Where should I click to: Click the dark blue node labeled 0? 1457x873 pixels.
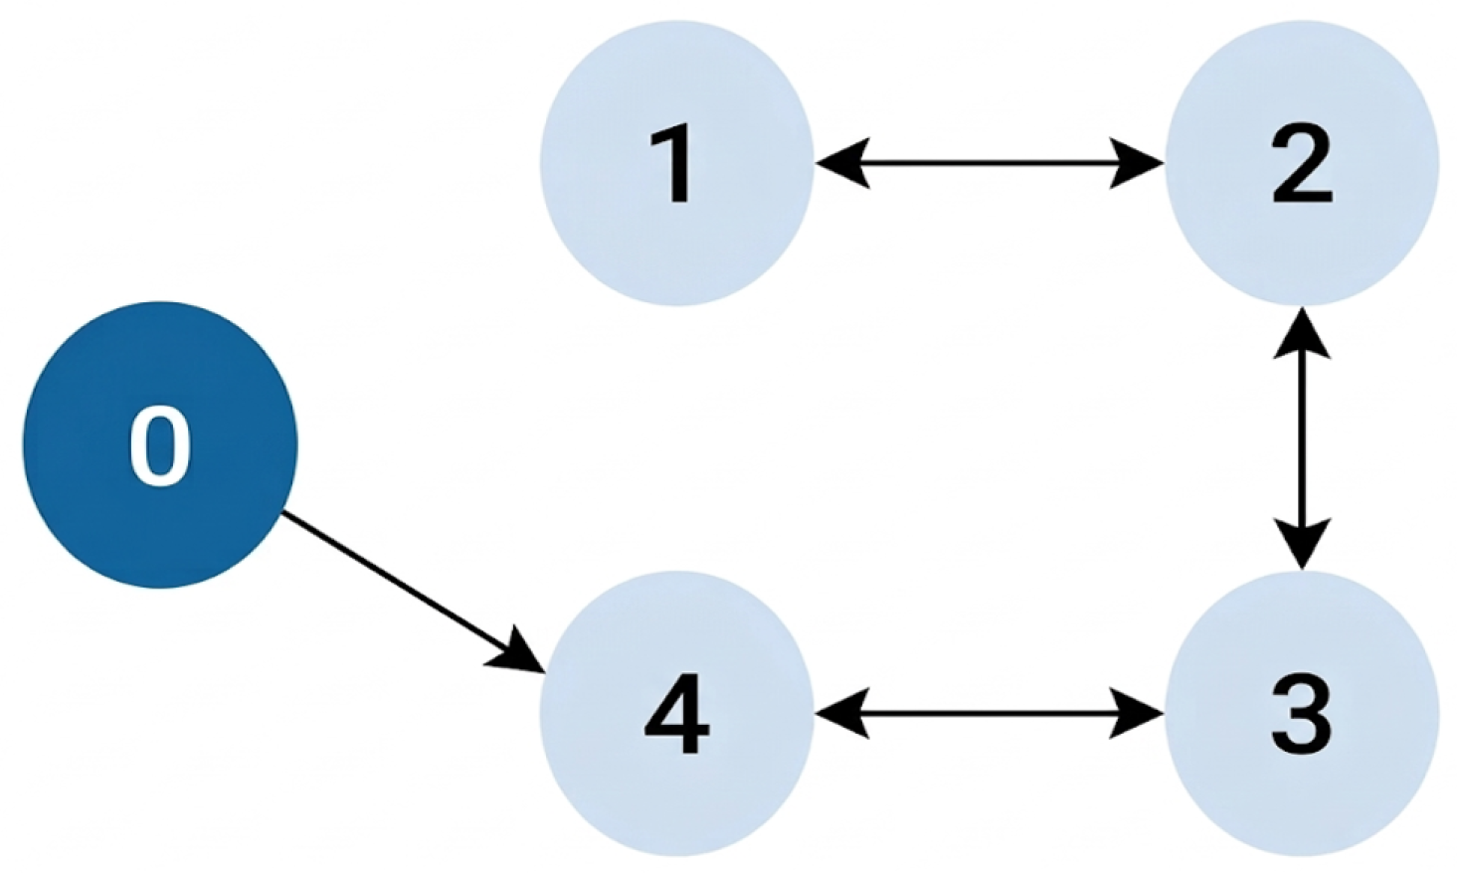(161, 445)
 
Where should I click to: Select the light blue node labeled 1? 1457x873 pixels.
(677, 163)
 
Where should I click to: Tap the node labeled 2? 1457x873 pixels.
(1302, 163)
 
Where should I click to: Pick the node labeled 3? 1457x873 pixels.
(1302, 714)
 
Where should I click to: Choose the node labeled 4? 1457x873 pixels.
(677, 714)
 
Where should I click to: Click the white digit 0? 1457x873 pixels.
(160, 446)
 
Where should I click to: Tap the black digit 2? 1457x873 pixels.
(1302, 163)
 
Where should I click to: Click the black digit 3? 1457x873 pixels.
(1302, 715)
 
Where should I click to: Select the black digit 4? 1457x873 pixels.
(676, 715)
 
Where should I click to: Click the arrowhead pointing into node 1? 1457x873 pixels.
(843, 163)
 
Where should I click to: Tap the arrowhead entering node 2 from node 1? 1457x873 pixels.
(1136, 163)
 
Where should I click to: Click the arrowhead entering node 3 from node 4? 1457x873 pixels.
(1136, 714)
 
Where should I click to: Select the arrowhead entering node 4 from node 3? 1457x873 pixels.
(843, 714)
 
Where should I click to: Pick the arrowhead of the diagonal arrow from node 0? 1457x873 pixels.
(518, 652)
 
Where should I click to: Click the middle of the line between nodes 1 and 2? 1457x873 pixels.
(990, 163)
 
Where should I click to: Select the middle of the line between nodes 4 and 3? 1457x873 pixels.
(990, 714)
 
